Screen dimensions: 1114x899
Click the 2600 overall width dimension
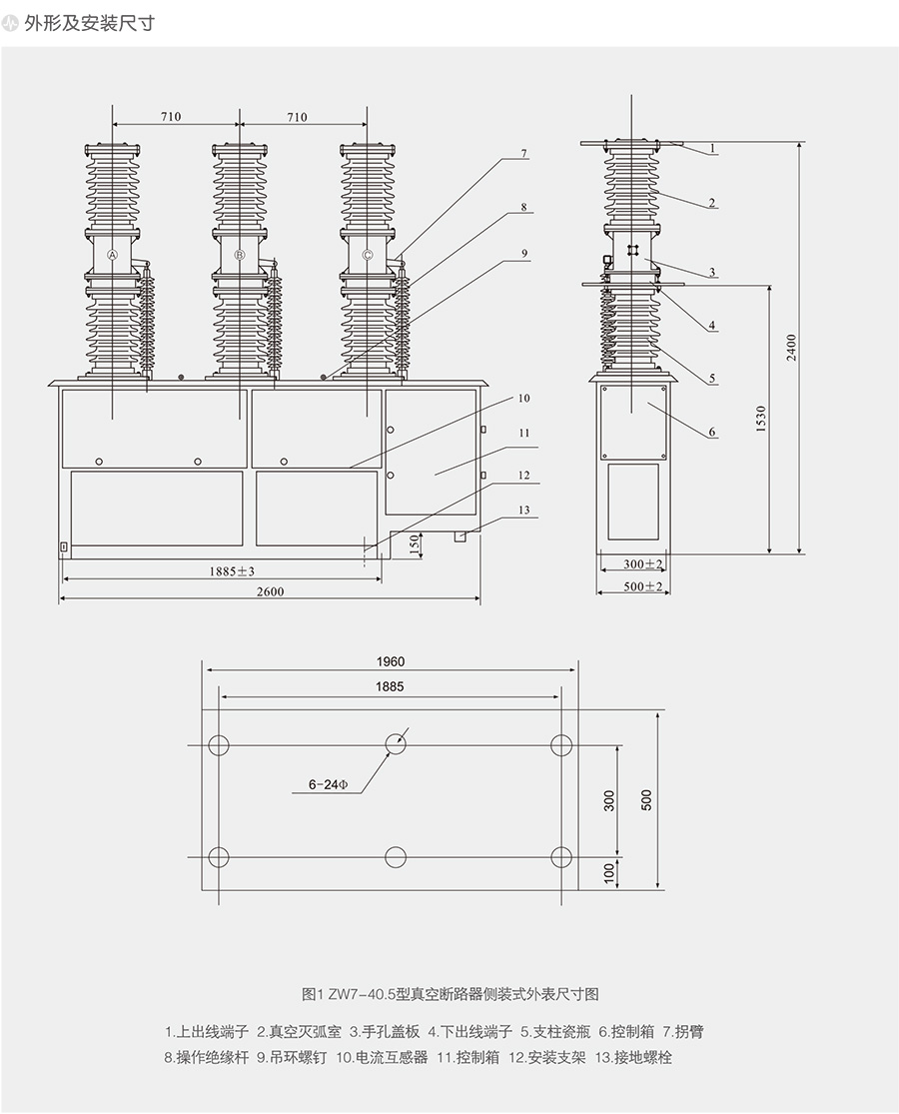point(270,591)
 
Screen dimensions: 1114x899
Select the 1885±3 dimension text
point(233,571)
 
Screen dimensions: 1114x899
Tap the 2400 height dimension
point(791,348)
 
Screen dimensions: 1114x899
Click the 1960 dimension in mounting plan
point(391,661)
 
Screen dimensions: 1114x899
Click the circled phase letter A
point(113,255)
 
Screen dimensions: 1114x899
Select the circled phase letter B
point(240,255)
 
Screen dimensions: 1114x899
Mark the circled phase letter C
point(368,255)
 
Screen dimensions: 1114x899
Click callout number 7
point(522,154)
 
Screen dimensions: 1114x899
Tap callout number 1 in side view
point(713,148)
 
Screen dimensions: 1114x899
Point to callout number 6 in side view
point(711,433)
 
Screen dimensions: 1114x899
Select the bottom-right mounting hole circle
point(562,857)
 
